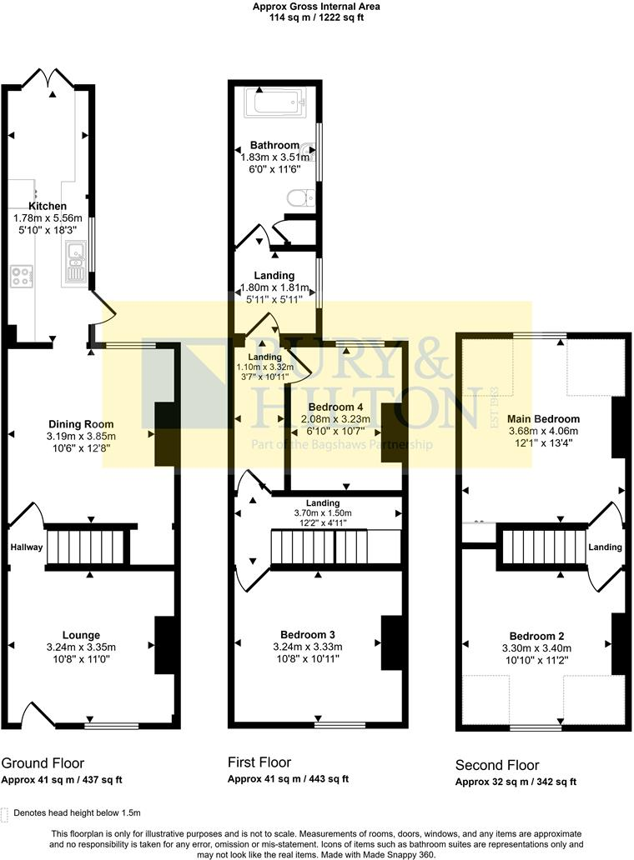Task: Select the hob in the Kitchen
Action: click(x=21, y=276)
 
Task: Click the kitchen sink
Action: click(x=74, y=250)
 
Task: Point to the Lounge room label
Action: click(x=81, y=634)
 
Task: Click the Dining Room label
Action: click(x=81, y=424)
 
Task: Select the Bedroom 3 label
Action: click(x=308, y=634)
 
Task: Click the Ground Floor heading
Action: click(x=43, y=762)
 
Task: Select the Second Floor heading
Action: click(x=497, y=765)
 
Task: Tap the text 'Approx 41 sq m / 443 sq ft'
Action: click(x=288, y=779)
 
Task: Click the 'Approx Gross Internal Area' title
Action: click(x=316, y=7)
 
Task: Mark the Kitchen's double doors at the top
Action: click(x=49, y=79)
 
